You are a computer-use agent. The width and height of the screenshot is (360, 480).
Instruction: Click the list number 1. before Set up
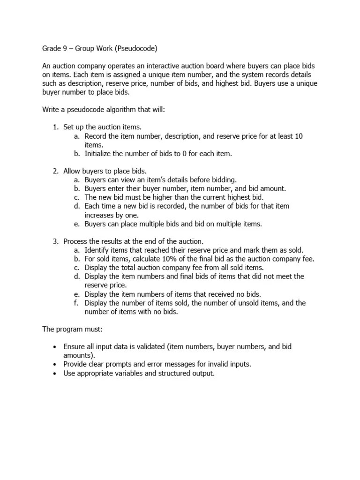[55, 127]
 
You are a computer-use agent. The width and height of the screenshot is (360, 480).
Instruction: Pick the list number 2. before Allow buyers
[55, 171]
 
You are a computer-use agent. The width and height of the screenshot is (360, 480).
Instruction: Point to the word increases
[101, 215]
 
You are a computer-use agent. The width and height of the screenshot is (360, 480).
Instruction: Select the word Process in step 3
[76, 241]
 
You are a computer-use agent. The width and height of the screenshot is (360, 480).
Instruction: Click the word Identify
[98, 250]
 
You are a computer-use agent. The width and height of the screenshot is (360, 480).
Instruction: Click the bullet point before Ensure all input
[55, 347]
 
